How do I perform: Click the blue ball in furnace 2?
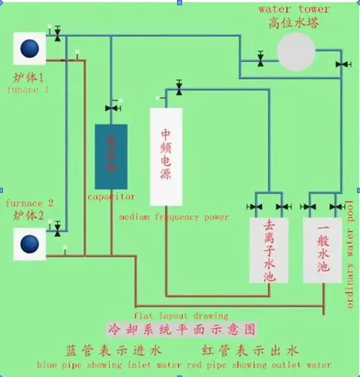(x=29, y=244)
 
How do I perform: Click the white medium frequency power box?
(x=167, y=157)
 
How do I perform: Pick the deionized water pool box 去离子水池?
(x=270, y=251)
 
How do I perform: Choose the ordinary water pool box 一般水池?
(x=323, y=251)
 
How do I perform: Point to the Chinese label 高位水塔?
(x=294, y=23)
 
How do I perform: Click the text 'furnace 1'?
(x=28, y=89)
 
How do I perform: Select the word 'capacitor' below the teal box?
(x=111, y=196)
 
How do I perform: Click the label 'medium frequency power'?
(x=174, y=217)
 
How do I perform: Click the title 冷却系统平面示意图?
(x=194, y=329)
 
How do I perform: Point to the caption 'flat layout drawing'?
(x=181, y=315)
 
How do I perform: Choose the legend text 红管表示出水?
(x=250, y=350)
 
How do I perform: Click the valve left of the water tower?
(x=261, y=59)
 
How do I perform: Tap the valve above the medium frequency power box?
(x=179, y=89)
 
